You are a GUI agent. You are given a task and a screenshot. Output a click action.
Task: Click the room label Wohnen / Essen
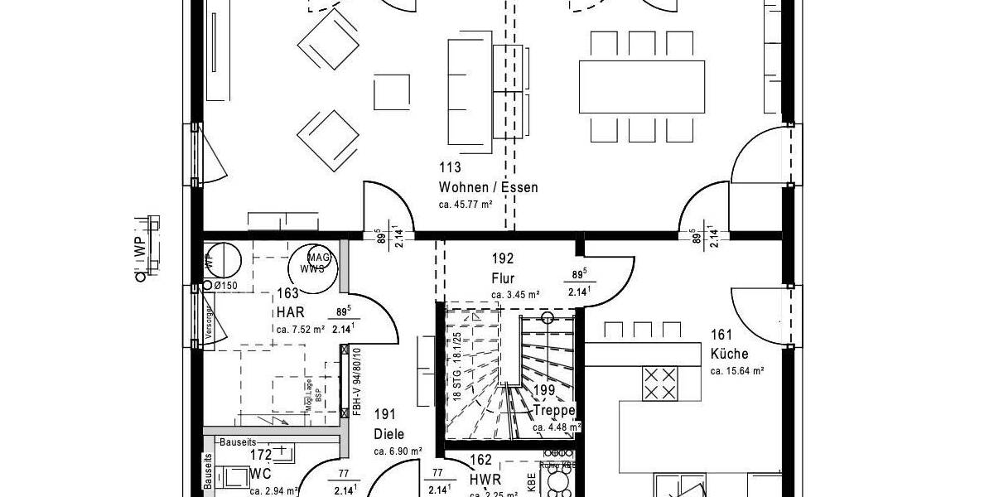tap(488, 187)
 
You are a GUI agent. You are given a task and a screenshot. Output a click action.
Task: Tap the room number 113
tap(451, 167)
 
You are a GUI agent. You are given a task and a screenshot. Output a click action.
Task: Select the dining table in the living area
tap(641, 86)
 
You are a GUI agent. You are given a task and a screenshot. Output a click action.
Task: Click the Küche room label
tap(729, 355)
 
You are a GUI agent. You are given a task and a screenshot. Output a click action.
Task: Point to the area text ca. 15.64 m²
tap(736, 371)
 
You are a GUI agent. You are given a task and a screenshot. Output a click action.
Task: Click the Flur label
tap(503, 278)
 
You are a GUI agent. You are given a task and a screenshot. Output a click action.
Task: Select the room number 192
tap(503, 258)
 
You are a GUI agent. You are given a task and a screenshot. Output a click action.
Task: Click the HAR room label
tap(291, 313)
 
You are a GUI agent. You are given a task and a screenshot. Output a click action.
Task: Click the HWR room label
tap(485, 480)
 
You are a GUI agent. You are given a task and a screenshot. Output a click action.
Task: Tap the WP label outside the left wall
tap(141, 247)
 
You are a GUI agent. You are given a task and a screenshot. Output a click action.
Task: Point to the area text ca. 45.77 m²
tap(466, 204)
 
